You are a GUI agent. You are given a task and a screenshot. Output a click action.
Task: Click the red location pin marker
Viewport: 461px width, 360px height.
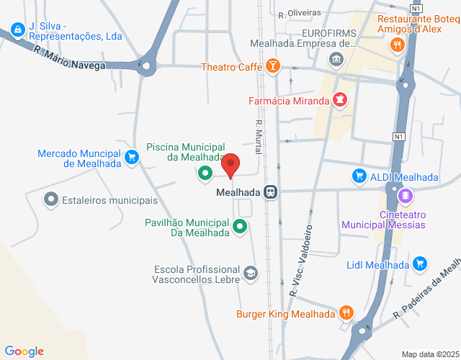click(x=230, y=166)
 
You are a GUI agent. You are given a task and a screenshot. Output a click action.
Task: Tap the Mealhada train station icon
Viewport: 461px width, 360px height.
click(x=271, y=192)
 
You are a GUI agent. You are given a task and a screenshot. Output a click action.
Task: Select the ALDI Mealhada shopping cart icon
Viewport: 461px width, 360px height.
click(x=359, y=176)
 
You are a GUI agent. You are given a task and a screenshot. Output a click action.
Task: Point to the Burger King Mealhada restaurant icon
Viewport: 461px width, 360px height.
click(x=347, y=313)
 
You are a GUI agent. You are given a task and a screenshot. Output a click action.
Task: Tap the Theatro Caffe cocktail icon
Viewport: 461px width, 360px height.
click(x=273, y=68)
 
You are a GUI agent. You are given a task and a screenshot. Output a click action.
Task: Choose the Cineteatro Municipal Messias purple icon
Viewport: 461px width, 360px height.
click(x=405, y=195)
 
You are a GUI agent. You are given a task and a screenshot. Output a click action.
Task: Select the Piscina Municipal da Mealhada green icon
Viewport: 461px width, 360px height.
click(x=205, y=173)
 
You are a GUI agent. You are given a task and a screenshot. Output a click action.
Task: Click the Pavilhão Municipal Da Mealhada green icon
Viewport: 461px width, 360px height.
click(x=241, y=230)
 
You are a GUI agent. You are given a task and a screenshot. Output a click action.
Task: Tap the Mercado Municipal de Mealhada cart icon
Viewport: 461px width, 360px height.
click(x=131, y=157)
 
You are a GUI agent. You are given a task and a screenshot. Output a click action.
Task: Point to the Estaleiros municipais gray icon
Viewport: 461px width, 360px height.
click(x=51, y=198)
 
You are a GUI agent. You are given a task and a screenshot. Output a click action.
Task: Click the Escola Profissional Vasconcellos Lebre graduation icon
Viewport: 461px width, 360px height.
click(x=250, y=273)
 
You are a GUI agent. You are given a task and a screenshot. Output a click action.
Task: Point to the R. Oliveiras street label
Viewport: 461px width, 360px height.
click(x=299, y=13)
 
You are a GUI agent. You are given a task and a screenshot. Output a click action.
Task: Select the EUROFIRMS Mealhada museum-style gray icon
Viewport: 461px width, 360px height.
click(x=335, y=59)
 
